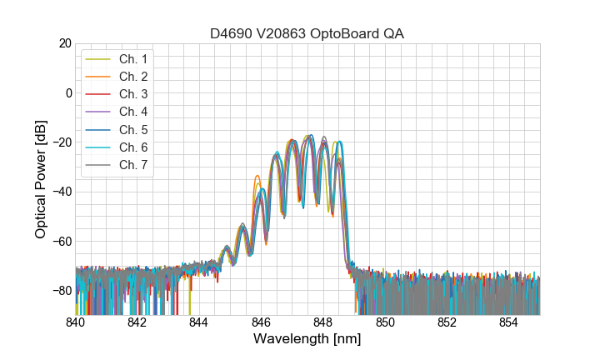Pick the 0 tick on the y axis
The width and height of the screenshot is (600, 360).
[68, 92]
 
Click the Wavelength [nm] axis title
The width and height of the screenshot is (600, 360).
[307, 340]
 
